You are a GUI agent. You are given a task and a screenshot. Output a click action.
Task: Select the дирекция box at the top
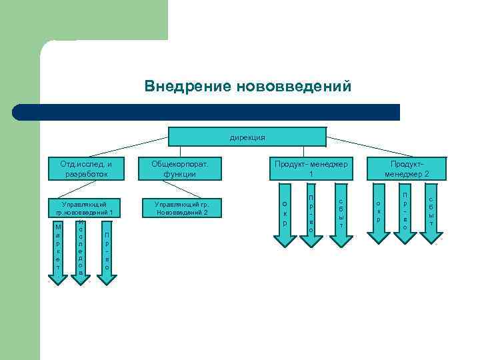[247, 137]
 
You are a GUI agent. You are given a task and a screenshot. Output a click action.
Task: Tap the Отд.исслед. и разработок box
[86, 169]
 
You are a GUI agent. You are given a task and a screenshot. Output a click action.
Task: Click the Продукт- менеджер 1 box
[311, 169]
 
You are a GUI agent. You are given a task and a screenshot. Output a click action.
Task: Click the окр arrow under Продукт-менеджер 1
[285, 213]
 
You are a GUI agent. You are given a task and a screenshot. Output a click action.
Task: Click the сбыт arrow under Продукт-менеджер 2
[431, 211]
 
